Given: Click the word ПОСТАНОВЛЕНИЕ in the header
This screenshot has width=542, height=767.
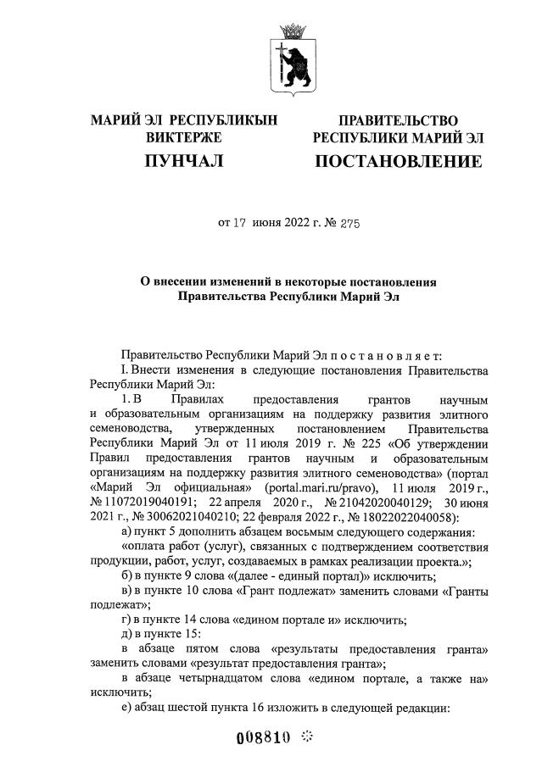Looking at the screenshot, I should point(398,161).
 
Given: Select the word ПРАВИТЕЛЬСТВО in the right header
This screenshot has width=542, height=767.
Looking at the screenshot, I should point(398,121).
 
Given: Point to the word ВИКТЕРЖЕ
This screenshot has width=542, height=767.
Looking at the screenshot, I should point(184,137).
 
